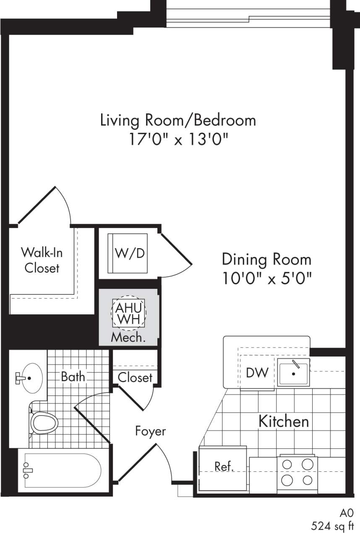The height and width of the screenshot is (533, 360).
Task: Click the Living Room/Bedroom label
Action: pyautogui.click(x=178, y=120)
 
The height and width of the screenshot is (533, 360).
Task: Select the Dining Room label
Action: pyautogui.click(x=266, y=259)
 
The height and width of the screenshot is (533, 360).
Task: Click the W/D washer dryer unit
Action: pyautogui.click(x=128, y=253)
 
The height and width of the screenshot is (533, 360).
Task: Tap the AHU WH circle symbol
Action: pyautogui.click(x=128, y=313)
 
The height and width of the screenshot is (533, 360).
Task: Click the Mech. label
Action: pyautogui.click(x=128, y=338)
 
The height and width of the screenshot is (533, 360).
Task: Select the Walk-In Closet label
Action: pyautogui.click(x=42, y=260)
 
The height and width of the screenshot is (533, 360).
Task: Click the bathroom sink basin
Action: pyautogui.click(x=31, y=378)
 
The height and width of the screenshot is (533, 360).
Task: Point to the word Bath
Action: pyautogui.click(x=73, y=377)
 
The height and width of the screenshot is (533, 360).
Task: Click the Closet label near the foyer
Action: pyautogui.click(x=135, y=377)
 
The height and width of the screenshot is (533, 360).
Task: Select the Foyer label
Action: pyautogui.click(x=150, y=431)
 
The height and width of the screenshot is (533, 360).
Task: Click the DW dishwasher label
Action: pyautogui.click(x=257, y=373)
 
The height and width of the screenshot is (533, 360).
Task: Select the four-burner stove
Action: pyautogui.click(x=297, y=472)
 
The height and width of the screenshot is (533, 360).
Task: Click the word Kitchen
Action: pyautogui.click(x=284, y=421)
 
